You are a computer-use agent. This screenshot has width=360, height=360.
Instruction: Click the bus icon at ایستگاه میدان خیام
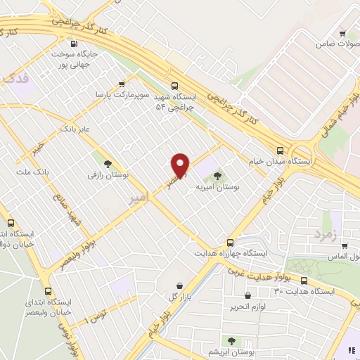(281, 150)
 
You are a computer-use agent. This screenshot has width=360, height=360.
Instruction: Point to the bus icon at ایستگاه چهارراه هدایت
(231, 239)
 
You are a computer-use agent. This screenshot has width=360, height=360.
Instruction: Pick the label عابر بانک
(77, 129)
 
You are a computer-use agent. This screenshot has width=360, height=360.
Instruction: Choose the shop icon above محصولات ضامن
(342, 32)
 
